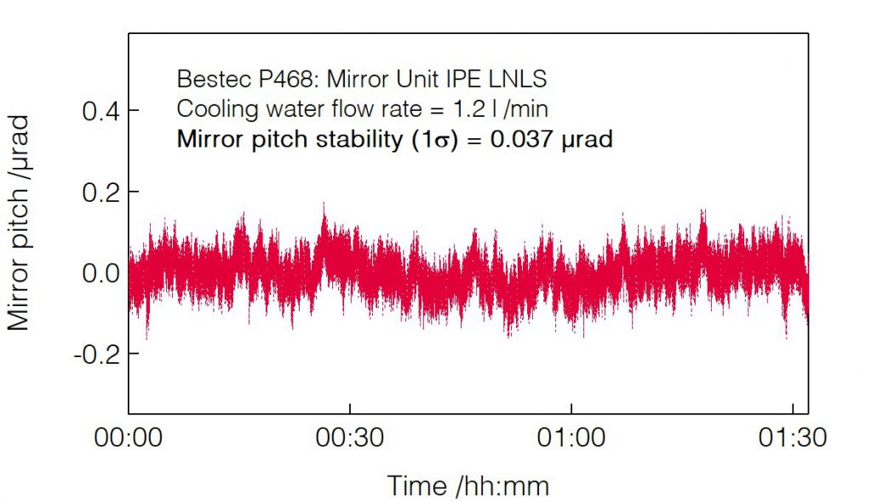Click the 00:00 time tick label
point(129,439)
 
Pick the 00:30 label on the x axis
point(350,439)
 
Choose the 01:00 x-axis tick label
point(571,439)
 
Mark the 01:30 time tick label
point(792,439)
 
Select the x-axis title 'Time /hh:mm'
point(468,486)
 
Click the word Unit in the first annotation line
point(432,79)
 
